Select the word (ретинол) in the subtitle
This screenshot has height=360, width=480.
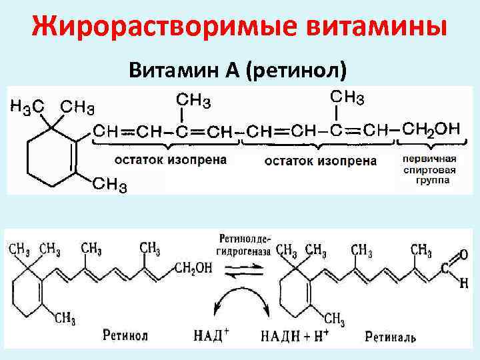297,69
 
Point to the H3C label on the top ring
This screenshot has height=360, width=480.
27,106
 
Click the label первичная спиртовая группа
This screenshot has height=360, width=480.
429,170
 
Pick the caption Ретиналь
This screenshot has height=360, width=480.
391,337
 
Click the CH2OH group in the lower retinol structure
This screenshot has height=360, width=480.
193,267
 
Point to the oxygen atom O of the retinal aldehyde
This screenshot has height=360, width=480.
463,254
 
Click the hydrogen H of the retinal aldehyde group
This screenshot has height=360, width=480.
463,283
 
